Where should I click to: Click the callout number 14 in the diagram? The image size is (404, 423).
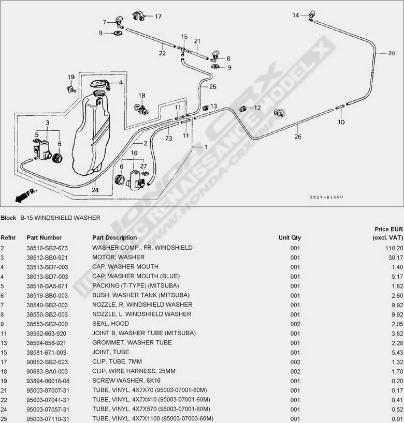296,16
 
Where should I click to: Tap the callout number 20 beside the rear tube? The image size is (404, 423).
391,53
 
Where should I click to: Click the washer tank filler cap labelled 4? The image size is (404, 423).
100,84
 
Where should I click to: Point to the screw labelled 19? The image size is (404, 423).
71,89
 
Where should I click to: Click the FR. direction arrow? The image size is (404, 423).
26,195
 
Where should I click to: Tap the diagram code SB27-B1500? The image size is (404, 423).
326,197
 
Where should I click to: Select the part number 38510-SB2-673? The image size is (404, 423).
47,248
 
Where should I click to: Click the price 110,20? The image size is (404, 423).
394,248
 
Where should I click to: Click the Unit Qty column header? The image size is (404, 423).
290,238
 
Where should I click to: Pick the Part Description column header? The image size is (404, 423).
114,238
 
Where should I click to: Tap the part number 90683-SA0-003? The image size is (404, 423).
47,371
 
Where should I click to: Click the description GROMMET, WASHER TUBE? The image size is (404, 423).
132,343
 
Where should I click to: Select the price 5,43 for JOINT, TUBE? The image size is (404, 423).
397,353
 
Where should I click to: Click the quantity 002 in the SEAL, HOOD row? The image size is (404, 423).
295,324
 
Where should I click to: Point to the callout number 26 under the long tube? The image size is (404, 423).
298,137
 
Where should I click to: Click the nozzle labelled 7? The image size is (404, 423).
119,22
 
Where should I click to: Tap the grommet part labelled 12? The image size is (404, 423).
243,109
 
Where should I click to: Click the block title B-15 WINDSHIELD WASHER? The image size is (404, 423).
60,218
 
